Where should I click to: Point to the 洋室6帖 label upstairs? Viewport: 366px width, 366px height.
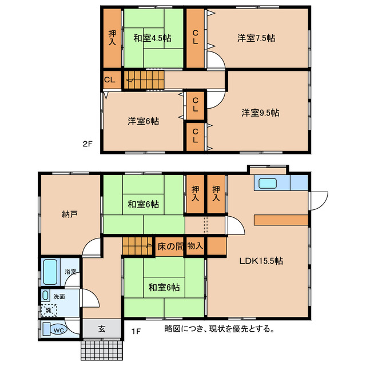pos(143,121)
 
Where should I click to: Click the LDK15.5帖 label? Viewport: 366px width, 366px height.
pos(261,261)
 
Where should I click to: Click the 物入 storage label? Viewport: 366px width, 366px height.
pos(195,246)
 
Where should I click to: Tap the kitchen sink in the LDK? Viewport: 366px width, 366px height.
pos(268,184)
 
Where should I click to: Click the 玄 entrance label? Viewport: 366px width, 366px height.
pos(101,329)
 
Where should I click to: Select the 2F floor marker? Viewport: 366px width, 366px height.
pos(86,144)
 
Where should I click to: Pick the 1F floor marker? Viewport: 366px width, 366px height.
pos(136,330)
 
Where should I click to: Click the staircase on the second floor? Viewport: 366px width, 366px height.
pos(145,79)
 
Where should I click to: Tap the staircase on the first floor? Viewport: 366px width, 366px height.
pos(138,246)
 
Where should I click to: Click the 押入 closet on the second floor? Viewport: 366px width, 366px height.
pos(112,39)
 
